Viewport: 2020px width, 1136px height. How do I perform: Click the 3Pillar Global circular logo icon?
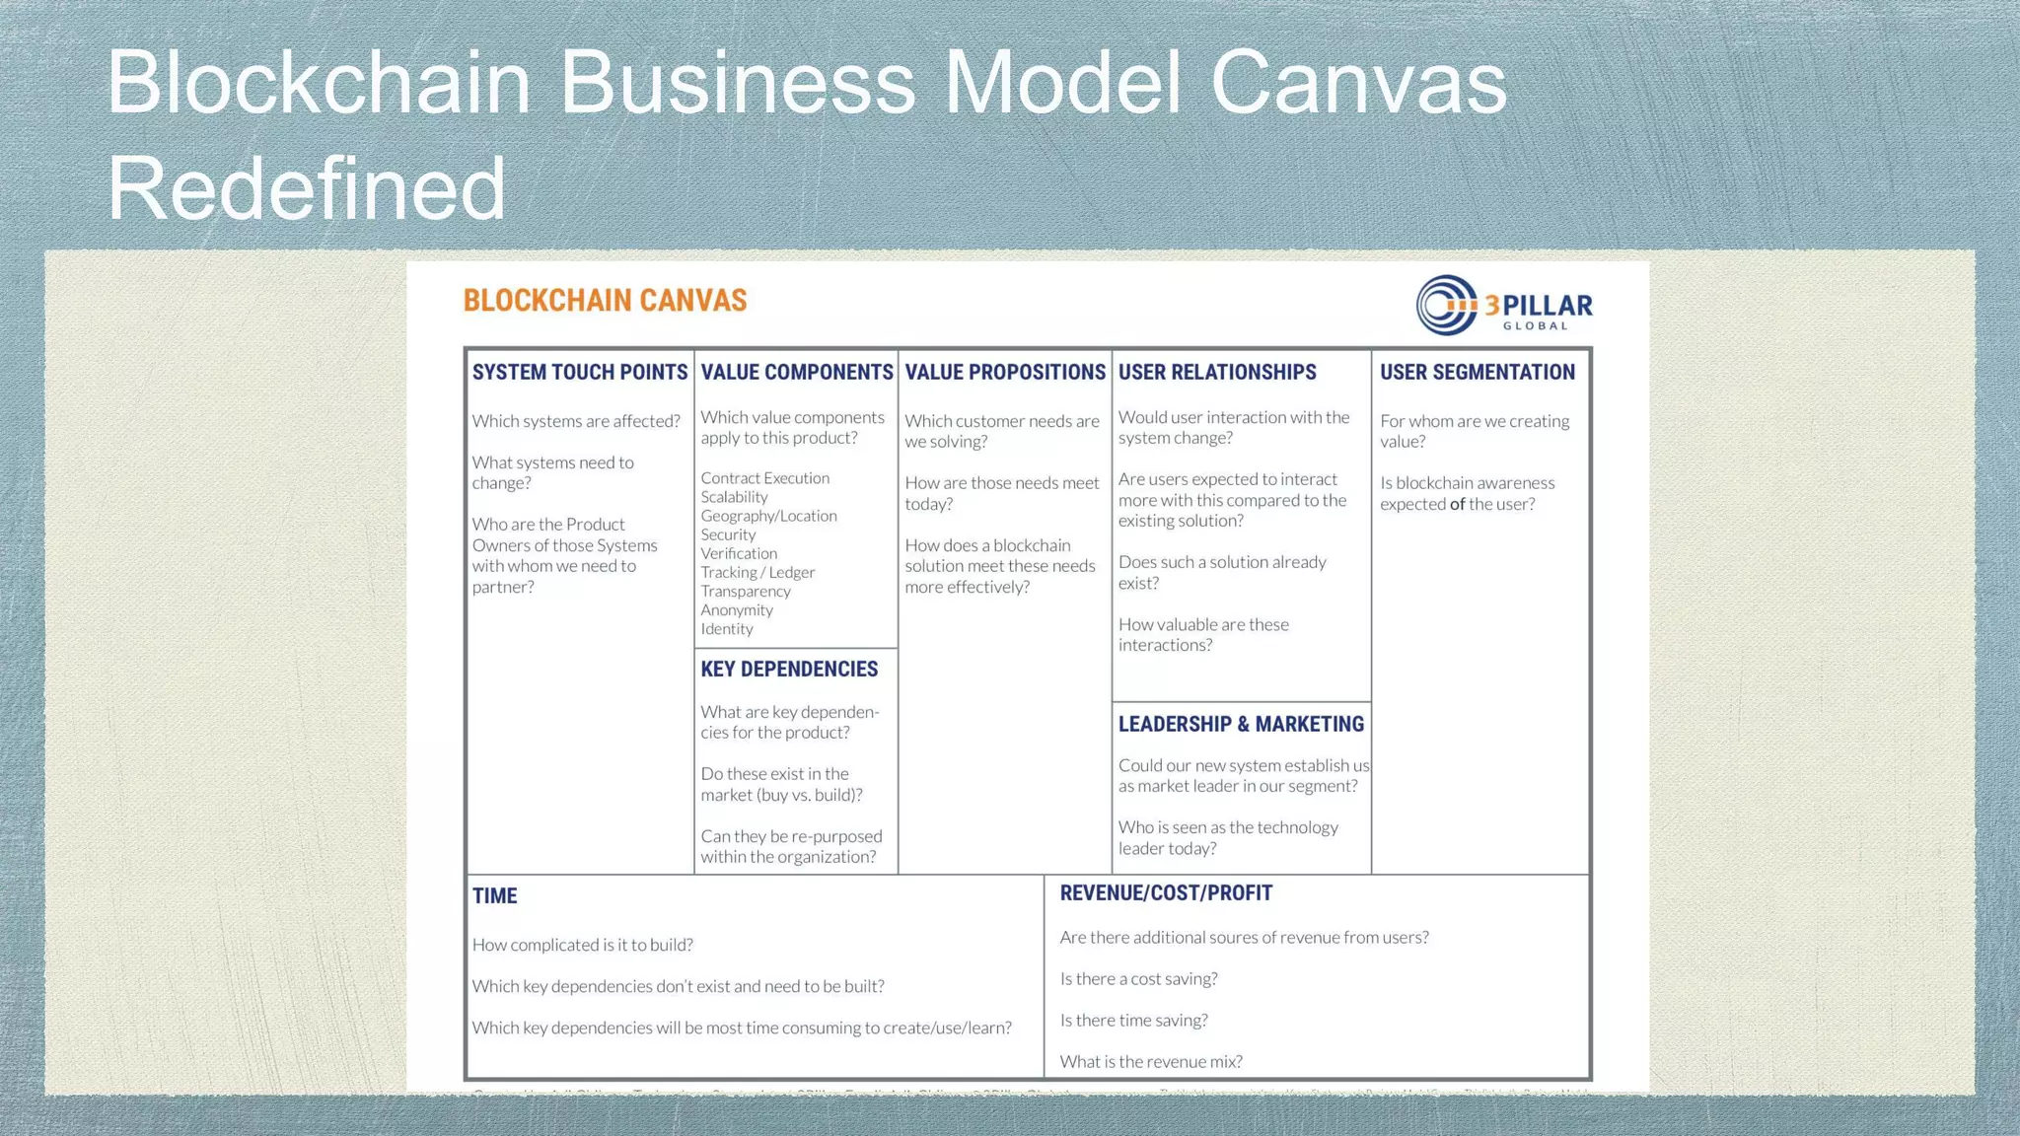tap(1447, 305)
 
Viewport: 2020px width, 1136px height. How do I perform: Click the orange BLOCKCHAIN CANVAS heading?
tap(605, 301)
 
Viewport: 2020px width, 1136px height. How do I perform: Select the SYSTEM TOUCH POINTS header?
tap(579, 373)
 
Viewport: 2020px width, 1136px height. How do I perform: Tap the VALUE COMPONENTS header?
tap(796, 373)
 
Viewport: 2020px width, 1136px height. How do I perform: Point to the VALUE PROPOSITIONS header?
tap(1004, 373)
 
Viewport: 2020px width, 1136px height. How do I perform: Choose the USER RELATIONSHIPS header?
tap(1216, 373)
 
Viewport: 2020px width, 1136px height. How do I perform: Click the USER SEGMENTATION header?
tap(1477, 373)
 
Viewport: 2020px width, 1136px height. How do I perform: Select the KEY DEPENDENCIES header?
tap(788, 670)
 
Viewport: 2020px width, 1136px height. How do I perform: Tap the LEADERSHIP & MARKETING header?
tap(1240, 725)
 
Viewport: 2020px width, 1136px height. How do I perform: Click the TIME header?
tap(494, 896)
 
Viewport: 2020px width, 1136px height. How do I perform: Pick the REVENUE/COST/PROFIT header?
tap(1165, 893)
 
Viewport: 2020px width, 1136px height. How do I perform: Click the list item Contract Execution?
tap(764, 478)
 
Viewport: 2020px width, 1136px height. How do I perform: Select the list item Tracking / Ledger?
tap(757, 573)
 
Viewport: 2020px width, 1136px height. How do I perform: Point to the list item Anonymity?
tap(736, 610)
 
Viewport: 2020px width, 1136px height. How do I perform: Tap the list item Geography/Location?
tap(768, 516)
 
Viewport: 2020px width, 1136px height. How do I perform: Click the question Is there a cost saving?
tap(1138, 979)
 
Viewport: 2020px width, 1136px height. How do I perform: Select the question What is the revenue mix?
tap(1150, 1062)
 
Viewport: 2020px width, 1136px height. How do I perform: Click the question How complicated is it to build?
tap(582, 945)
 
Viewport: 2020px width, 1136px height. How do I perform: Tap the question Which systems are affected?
tap(576, 421)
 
